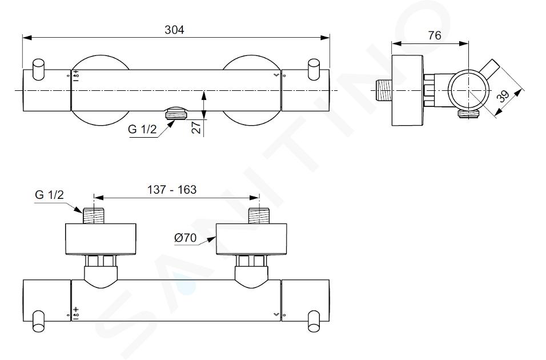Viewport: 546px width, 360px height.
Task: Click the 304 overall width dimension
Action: (x=174, y=30)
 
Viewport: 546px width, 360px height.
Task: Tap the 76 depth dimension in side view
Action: (x=435, y=35)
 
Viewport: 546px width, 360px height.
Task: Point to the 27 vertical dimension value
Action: (x=197, y=127)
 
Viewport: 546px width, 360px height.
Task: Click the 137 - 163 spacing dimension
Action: (x=172, y=190)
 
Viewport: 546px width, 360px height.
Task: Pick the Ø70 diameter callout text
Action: (x=185, y=238)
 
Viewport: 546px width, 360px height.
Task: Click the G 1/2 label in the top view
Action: (x=142, y=129)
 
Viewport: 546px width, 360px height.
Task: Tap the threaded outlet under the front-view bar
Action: (x=176, y=113)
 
